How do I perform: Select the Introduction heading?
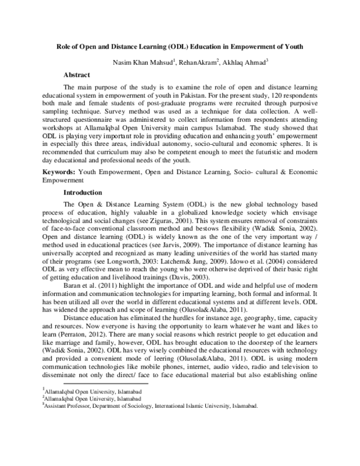(85, 193)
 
